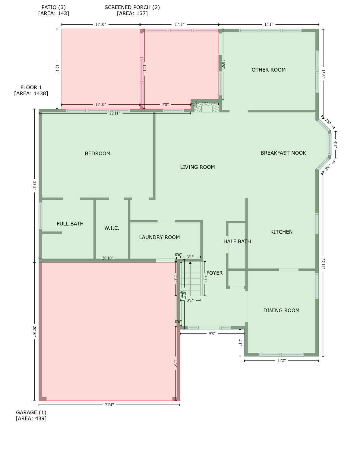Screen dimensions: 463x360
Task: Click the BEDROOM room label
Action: (97, 153)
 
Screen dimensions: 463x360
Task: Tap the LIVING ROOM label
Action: (197, 167)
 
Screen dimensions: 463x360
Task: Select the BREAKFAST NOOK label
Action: (283, 153)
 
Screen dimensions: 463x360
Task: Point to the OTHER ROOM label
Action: (268, 70)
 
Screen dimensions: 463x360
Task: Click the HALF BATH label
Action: (237, 241)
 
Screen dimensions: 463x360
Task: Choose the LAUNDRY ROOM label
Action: (159, 237)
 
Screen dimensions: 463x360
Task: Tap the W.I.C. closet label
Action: (112, 228)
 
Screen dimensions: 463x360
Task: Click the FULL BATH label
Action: (70, 224)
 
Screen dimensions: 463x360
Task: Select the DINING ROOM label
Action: (281, 310)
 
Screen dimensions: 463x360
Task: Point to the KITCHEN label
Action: (281, 232)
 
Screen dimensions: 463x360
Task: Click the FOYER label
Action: (214, 273)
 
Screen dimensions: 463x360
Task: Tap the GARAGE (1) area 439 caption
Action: (31, 415)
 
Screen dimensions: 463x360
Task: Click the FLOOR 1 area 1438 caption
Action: (31, 90)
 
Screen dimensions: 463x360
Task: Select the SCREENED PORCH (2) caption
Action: (132, 10)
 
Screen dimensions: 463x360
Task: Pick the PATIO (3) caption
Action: (54, 10)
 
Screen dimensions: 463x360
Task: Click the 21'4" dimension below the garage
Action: (109, 405)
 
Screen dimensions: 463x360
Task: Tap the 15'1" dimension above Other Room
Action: (269, 24)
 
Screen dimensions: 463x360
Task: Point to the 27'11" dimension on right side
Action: (323, 263)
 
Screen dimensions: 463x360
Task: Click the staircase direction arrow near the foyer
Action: (190, 263)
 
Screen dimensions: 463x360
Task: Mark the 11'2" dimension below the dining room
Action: (281, 361)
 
